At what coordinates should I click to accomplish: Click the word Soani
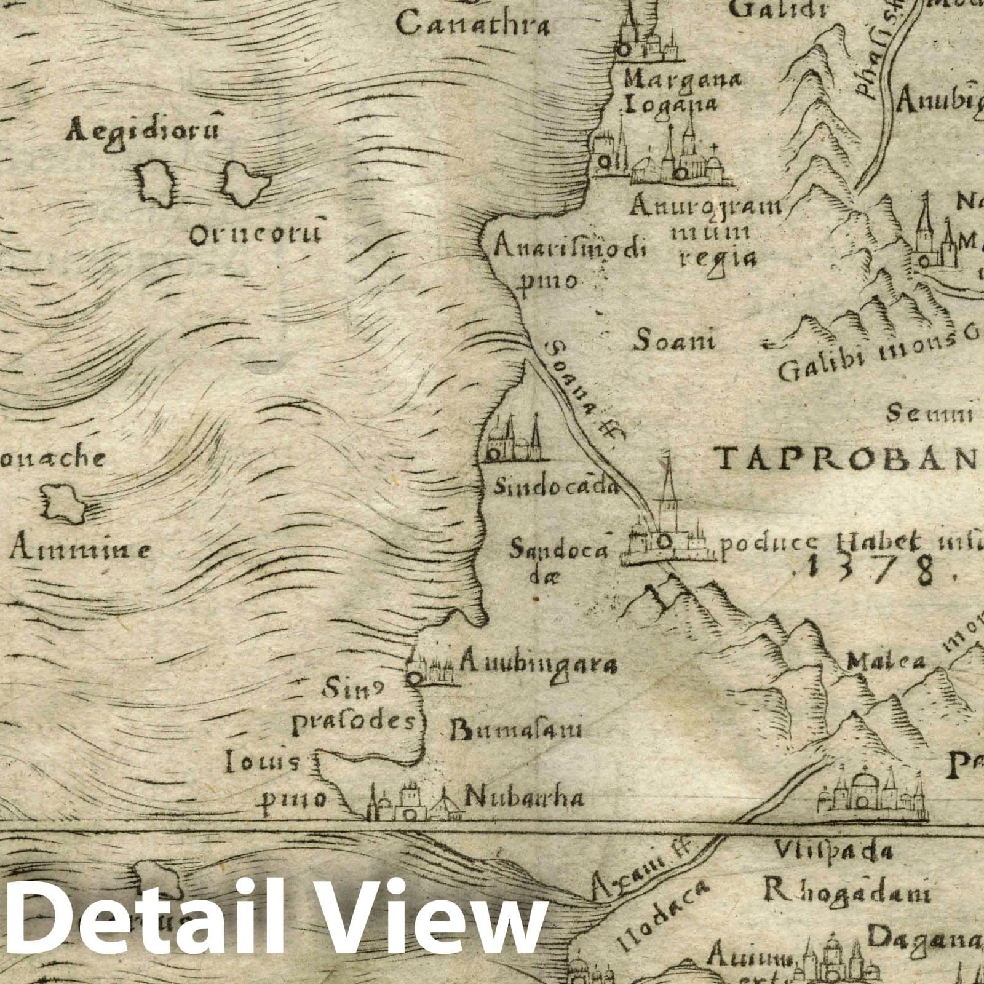(675, 339)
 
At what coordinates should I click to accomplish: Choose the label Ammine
(80, 549)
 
